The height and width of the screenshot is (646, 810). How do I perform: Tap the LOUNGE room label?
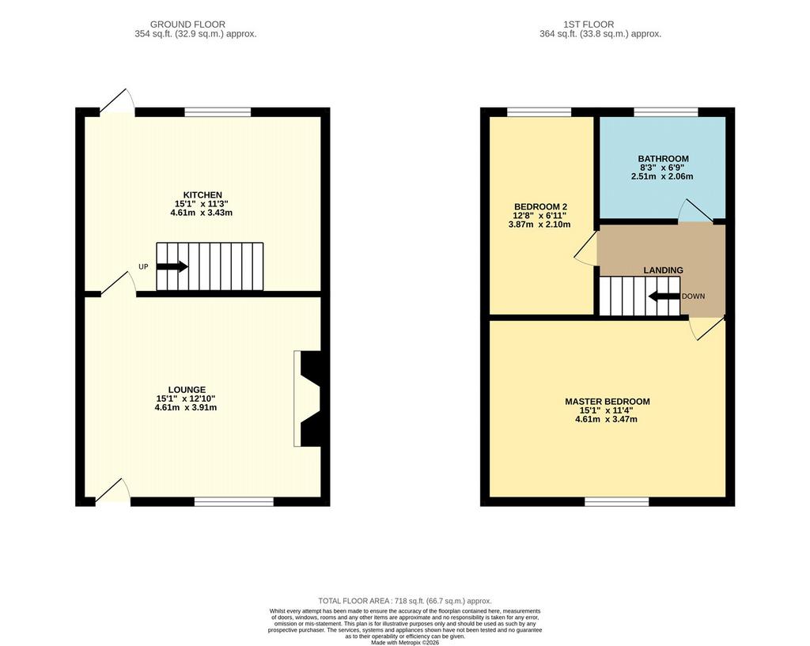pos(187,389)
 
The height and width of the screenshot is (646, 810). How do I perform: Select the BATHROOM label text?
pos(664,158)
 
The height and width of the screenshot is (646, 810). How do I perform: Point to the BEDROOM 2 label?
pos(540,206)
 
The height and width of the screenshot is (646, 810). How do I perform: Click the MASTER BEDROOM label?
pos(607,401)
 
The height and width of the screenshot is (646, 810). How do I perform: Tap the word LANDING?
pos(664,270)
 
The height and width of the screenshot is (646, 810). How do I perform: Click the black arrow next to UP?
pos(172,266)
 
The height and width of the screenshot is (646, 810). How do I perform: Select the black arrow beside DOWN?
pos(664,297)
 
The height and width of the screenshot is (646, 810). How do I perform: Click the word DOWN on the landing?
pos(693,297)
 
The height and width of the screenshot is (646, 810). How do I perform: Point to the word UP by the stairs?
pos(143,266)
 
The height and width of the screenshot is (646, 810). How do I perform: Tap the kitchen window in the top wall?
pos(218,112)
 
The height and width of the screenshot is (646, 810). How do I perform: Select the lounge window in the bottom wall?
pos(234,501)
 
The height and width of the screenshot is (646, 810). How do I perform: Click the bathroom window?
pos(666,112)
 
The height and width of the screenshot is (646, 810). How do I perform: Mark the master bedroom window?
pos(617,501)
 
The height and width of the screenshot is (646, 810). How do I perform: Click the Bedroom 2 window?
pos(539,112)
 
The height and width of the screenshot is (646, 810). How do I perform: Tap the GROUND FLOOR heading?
pos(187,25)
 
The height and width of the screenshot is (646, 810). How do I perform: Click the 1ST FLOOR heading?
pos(589,25)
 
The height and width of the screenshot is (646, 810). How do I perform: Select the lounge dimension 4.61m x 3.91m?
pos(187,407)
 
